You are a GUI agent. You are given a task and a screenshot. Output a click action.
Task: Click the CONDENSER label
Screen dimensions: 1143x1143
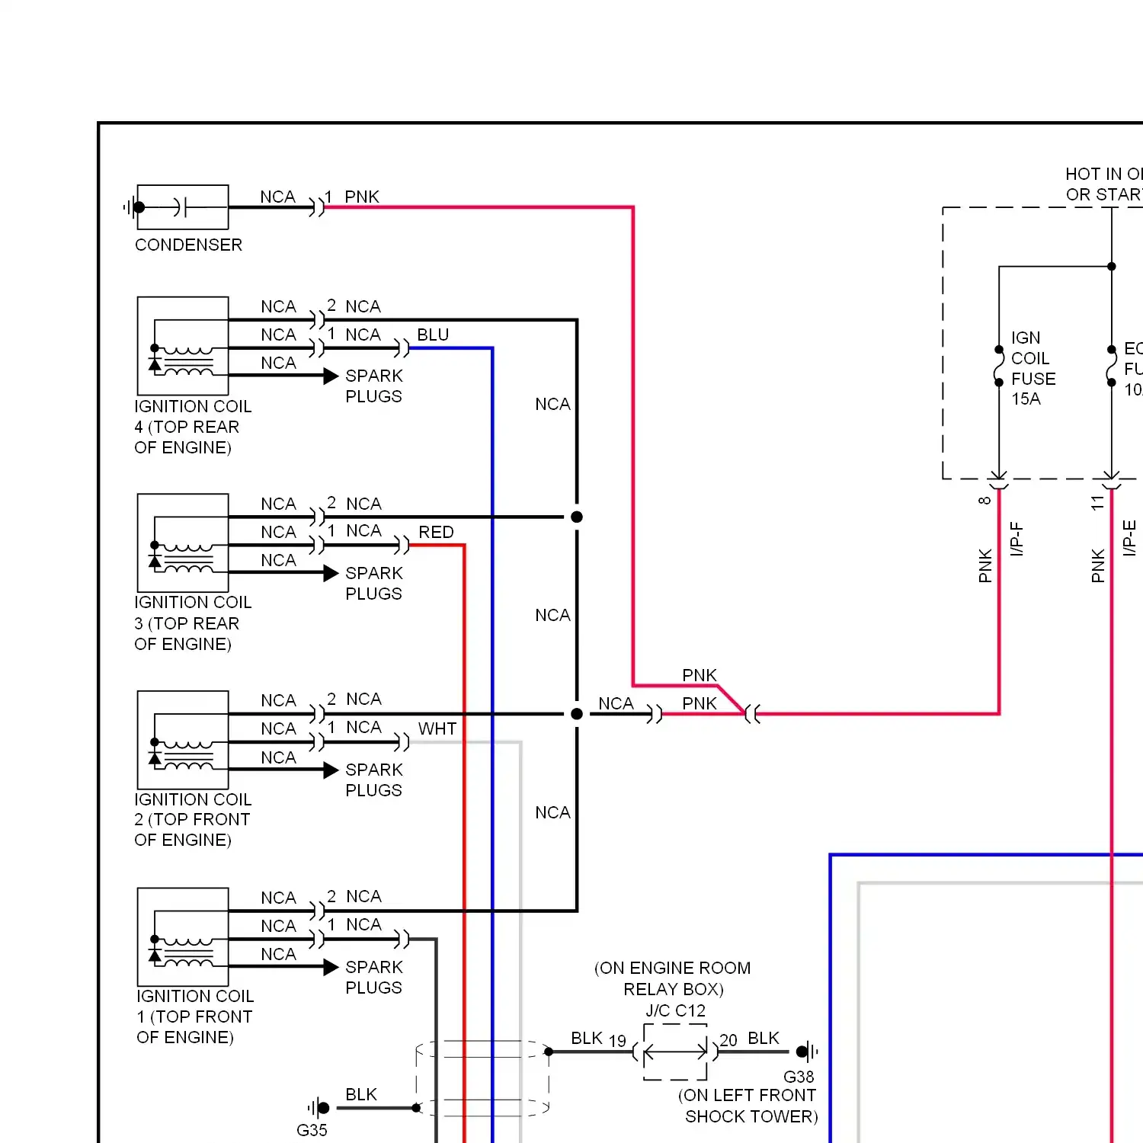coord(188,245)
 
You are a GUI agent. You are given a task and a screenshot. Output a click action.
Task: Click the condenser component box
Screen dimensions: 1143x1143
coord(183,207)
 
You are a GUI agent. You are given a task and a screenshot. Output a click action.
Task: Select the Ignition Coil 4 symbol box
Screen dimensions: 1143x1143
coord(183,345)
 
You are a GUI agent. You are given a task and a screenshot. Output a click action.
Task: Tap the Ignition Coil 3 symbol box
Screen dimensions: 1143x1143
coord(183,543)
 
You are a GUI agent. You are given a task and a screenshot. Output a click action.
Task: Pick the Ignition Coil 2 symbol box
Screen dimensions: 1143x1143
coord(183,739)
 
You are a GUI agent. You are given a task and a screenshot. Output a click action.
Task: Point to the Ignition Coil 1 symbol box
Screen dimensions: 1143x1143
coord(183,936)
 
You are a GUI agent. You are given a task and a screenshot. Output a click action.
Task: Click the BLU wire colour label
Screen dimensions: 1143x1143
coord(433,335)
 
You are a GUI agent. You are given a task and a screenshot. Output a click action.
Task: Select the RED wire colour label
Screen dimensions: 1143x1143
coord(436,532)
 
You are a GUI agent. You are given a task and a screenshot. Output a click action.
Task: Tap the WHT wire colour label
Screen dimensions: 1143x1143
coord(437,728)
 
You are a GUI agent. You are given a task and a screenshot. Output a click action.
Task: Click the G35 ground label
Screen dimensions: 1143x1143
coord(312,1130)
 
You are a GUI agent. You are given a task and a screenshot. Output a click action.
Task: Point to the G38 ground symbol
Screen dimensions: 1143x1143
coord(806,1052)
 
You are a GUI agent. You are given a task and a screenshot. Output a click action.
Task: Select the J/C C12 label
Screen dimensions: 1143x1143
coord(675,1010)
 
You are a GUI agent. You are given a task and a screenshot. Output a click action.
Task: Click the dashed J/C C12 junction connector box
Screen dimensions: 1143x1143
coord(675,1052)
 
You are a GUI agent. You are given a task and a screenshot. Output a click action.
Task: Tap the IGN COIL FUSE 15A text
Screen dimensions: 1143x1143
coord(1033,368)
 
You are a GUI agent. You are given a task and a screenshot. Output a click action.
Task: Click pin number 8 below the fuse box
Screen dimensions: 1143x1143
coord(985,501)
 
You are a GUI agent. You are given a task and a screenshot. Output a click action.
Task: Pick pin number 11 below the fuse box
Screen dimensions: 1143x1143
coord(1097,502)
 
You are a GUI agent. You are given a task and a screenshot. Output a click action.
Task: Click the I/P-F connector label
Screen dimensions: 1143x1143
coord(1017,539)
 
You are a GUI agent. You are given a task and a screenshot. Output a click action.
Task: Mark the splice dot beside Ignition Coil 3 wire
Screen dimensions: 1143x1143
coord(577,517)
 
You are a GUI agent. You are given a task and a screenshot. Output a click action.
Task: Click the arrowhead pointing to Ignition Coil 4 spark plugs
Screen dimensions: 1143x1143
coord(331,376)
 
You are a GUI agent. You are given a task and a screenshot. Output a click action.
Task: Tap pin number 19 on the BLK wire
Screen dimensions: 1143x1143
coord(617,1040)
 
